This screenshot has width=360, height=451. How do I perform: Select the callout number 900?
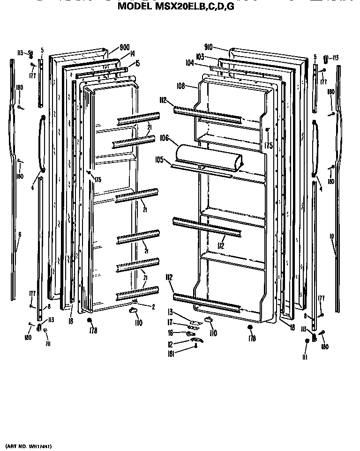click(124, 47)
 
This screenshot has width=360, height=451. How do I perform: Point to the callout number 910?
click(209, 47)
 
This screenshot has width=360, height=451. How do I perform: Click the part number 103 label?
click(200, 56)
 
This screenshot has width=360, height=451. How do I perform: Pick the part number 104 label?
click(189, 62)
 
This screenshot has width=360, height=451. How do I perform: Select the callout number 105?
click(159, 160)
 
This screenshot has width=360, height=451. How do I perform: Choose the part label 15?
click(137, 63)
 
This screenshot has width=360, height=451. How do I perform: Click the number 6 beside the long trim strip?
click(20, 234)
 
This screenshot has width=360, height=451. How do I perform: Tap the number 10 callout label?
click(331, 237)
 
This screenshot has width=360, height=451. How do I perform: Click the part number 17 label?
click(171, 322)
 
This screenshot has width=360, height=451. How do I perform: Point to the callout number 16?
click(171, 333)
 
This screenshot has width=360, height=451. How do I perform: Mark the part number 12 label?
click(171, 344)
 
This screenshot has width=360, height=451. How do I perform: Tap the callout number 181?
click(172, 355)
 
